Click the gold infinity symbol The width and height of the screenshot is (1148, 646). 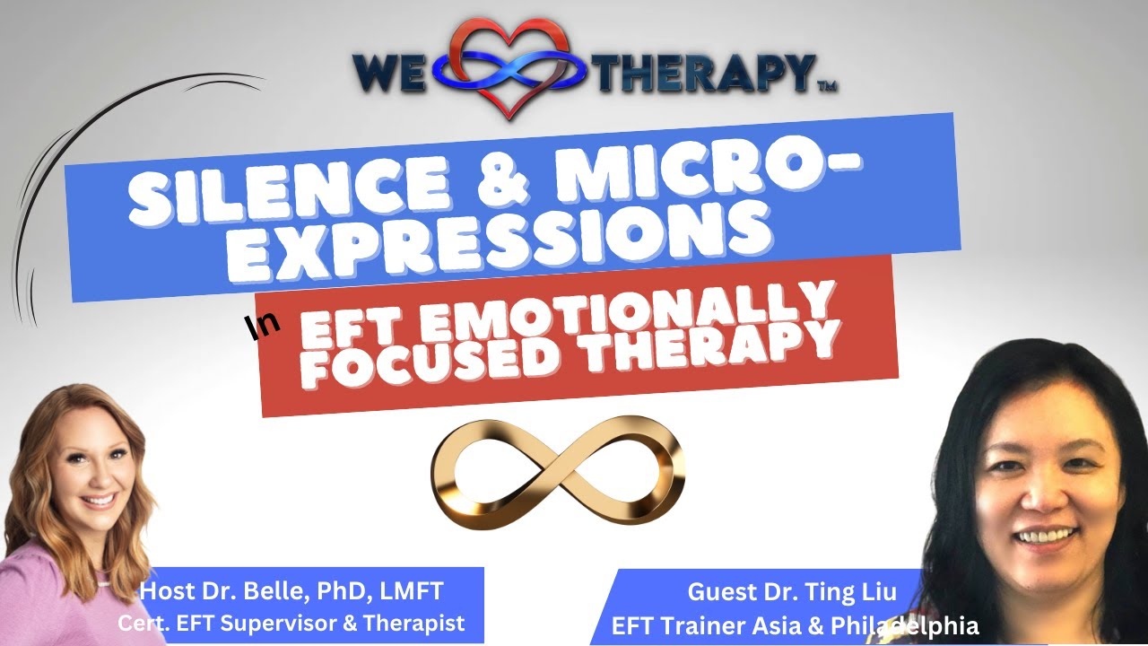click(x=558, y=471)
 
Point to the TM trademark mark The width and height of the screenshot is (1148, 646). click(x=826, y=87)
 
